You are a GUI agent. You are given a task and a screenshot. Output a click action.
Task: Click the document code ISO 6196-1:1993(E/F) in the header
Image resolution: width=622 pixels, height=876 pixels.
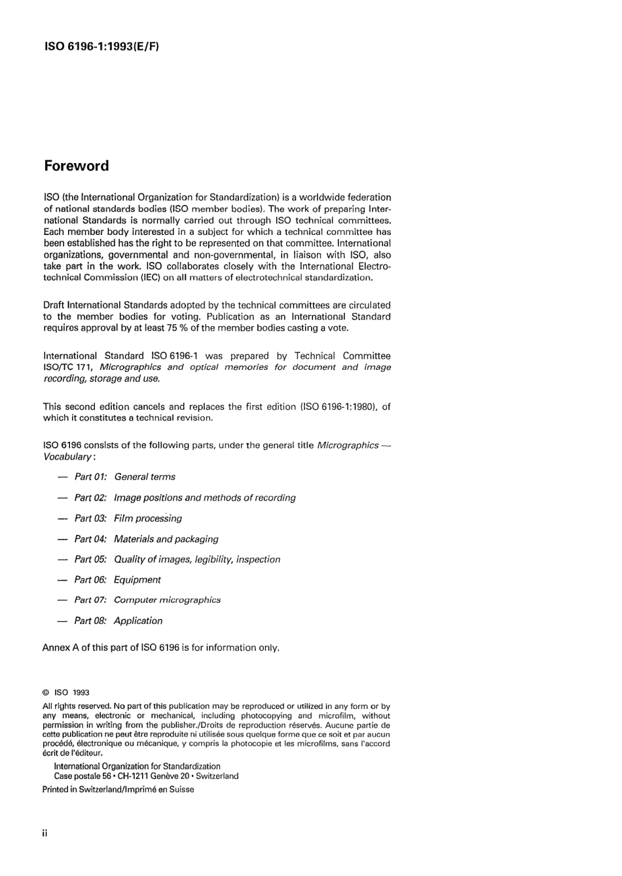point(101,46)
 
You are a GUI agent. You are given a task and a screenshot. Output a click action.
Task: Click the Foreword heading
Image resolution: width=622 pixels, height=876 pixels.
point(77,166)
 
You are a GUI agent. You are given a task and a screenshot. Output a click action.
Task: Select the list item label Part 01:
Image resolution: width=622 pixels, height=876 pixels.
point(90,477)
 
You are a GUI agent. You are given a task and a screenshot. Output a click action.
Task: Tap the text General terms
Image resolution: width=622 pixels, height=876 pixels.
point(145,477)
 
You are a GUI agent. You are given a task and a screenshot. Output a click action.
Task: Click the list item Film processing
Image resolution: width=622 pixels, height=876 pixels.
point(148,519)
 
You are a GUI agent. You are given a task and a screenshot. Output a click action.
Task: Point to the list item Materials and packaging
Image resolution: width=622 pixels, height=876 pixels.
point(166,539)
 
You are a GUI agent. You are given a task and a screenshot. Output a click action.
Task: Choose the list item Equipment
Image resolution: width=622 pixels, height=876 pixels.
point(137,580)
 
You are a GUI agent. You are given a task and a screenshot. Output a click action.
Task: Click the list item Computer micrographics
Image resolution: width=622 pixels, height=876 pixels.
point(167,600)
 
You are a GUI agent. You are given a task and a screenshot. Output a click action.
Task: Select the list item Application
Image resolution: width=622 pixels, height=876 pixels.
point(138,621)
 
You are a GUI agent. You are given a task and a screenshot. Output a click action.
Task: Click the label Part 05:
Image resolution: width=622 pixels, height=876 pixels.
point(90,559)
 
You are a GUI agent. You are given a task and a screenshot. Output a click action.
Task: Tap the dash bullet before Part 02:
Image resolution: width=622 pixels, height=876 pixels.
point(62,498)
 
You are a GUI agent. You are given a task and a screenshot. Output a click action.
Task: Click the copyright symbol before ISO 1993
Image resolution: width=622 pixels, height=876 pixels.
point(46,693)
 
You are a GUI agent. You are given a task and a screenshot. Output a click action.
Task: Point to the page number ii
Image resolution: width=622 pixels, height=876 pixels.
point(45,833)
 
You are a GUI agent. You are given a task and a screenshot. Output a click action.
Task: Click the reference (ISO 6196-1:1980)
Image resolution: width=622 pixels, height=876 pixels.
point(338,407)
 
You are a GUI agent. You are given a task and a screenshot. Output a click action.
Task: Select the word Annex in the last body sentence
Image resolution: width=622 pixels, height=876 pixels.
point(56,648)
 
